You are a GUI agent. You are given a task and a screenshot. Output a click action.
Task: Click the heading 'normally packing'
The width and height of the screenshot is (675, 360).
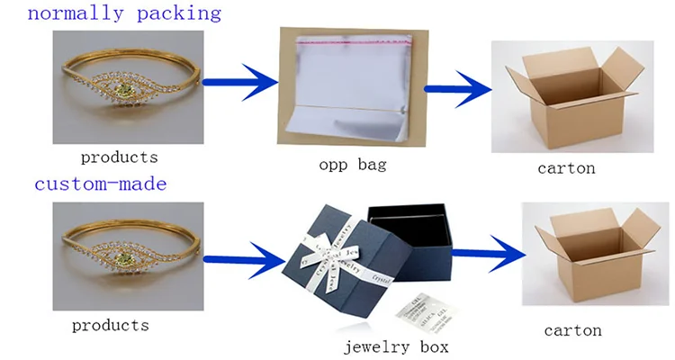click(x=112, y=13)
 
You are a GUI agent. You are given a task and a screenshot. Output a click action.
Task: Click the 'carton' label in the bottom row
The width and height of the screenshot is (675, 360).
click(x=573, y=329)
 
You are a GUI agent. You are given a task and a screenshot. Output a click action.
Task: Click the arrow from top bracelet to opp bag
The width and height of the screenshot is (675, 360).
click(x=238, y=84)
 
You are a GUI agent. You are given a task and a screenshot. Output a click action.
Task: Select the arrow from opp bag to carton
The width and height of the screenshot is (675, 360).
click(x=454, y=88)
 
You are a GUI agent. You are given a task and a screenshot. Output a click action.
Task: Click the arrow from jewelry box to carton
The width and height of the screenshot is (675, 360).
click(x=487, y=255)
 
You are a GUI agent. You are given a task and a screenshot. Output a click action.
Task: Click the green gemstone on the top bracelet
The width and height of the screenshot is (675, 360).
click(x=123, y=91)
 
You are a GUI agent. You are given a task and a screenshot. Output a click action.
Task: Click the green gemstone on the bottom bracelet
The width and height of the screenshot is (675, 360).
click(x=125, y=257)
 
